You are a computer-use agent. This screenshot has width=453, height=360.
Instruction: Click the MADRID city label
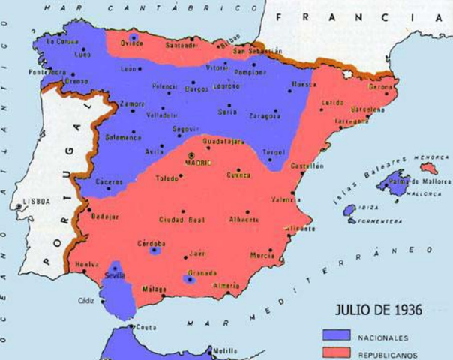pyautogui.click(x=199, y=163)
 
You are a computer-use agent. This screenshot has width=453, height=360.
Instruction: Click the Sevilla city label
pyautogui.click(x=115, y=275)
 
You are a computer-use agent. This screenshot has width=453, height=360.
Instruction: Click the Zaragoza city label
pyautogui.click(x=265, y=116)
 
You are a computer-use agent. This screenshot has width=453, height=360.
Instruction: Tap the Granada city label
pyautogui.click(x=201, y=272)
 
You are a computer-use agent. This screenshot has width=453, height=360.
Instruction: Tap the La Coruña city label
pyautogui.click(x=63, y=43)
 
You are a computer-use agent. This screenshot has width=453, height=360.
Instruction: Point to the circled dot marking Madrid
pyautogui.click(x=190, y=156)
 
